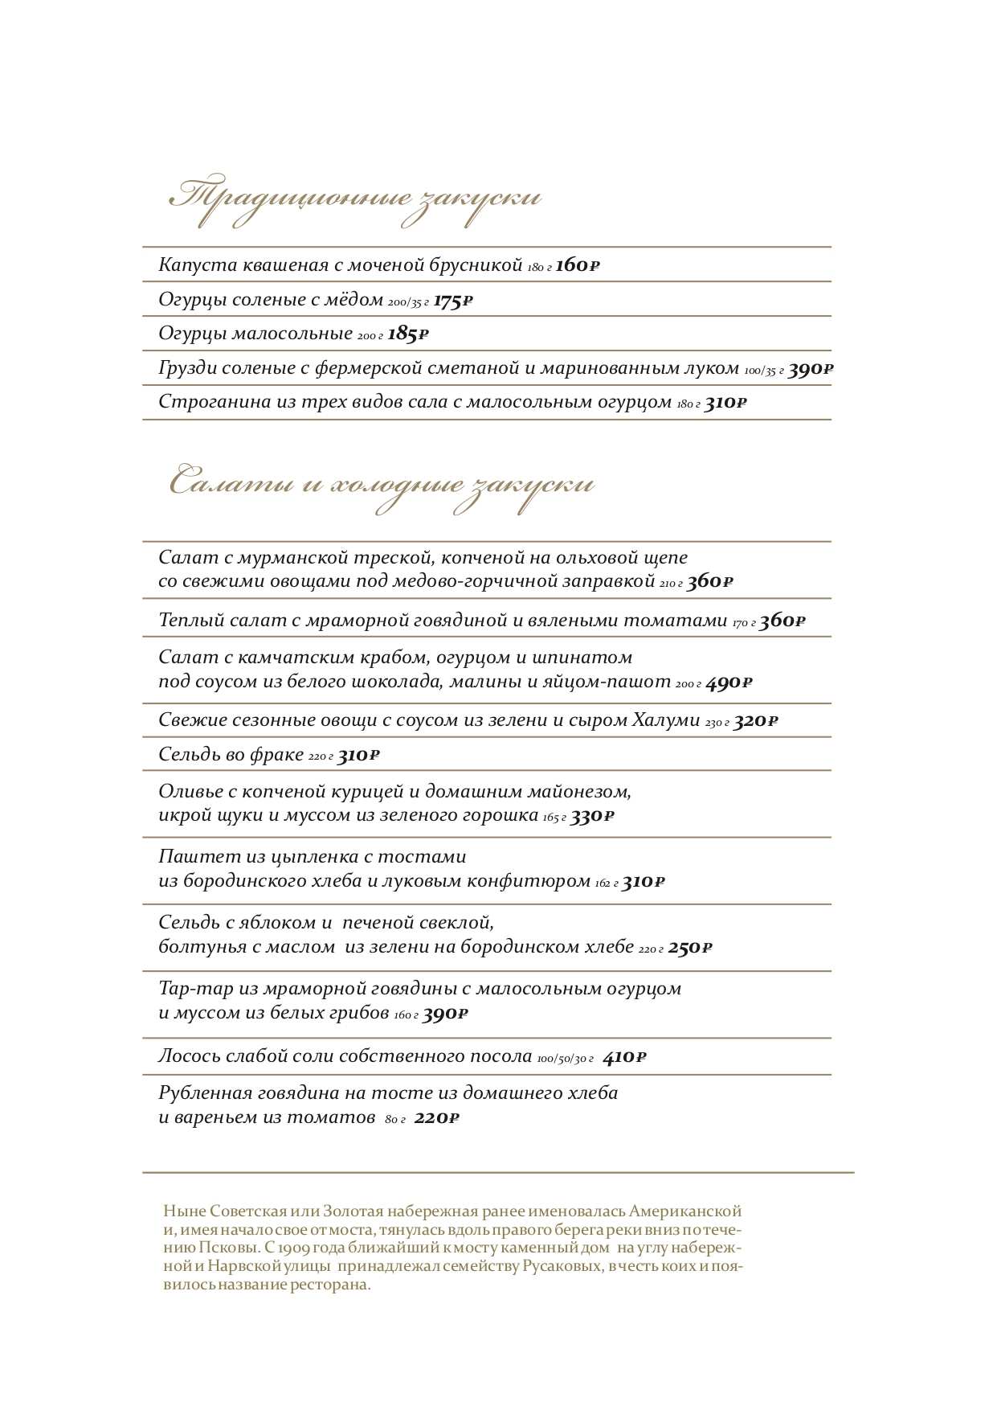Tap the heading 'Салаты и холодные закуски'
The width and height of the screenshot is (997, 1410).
(x=382, y=485)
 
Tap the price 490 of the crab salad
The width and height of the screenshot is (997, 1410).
(x=729, y=683)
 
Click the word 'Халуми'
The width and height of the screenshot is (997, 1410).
(x=666, y=720)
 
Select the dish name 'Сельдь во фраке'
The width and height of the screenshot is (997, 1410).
(x=231, y=755)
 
